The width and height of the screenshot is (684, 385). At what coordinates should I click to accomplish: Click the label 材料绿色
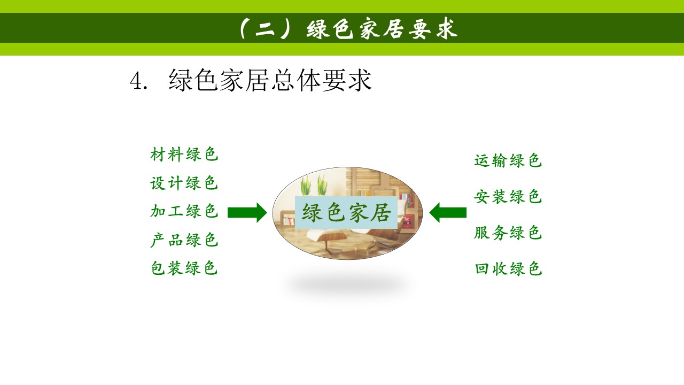[184, 155]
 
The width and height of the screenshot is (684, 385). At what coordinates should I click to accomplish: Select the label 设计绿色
[184, 183]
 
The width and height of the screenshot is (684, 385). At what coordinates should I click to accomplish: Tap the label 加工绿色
[184, 211]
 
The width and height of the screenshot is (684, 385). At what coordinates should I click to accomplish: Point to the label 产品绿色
[184, 240]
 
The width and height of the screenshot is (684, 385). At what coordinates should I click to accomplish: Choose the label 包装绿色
[184, 268]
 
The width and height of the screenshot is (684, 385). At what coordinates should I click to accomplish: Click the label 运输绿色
[508, 160]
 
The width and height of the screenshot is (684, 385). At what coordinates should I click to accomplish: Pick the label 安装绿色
[508, 197]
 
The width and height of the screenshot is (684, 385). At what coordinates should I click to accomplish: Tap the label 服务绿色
[508, 233]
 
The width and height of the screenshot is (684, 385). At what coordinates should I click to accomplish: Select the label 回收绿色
[508, 269]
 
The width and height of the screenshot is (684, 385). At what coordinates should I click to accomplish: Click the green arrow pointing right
[247, 212]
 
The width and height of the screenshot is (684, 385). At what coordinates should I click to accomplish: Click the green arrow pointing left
[448, 212]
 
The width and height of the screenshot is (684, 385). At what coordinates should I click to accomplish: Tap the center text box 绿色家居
[346, 212]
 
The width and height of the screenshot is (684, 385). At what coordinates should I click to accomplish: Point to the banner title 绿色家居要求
[382, 29]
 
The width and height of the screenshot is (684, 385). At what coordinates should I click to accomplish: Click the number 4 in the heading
[136, 82]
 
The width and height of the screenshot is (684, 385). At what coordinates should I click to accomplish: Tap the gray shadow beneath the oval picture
[347, 283]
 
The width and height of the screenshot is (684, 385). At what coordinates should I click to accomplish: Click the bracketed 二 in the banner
[265, 29]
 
